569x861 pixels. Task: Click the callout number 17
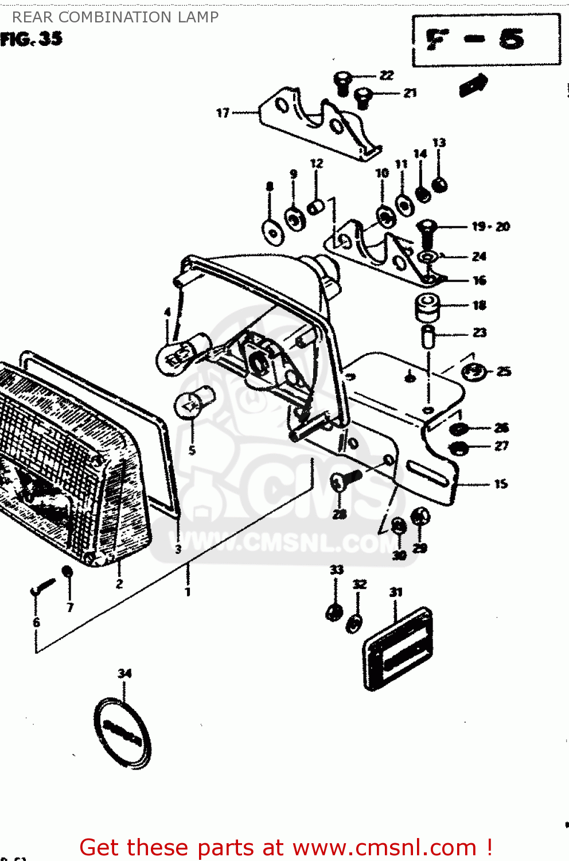(223, 113)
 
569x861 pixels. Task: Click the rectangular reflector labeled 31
(398, 649)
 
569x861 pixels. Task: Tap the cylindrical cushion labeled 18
(427, 308)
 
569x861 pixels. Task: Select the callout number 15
(501, 484)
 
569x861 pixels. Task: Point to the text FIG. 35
(32, 39)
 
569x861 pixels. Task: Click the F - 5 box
(486, 40)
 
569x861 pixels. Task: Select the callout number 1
(188, 591)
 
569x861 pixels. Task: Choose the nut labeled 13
(440, 185)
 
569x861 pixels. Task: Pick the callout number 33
(336, 570)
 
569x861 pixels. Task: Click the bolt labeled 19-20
(427, 230)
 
